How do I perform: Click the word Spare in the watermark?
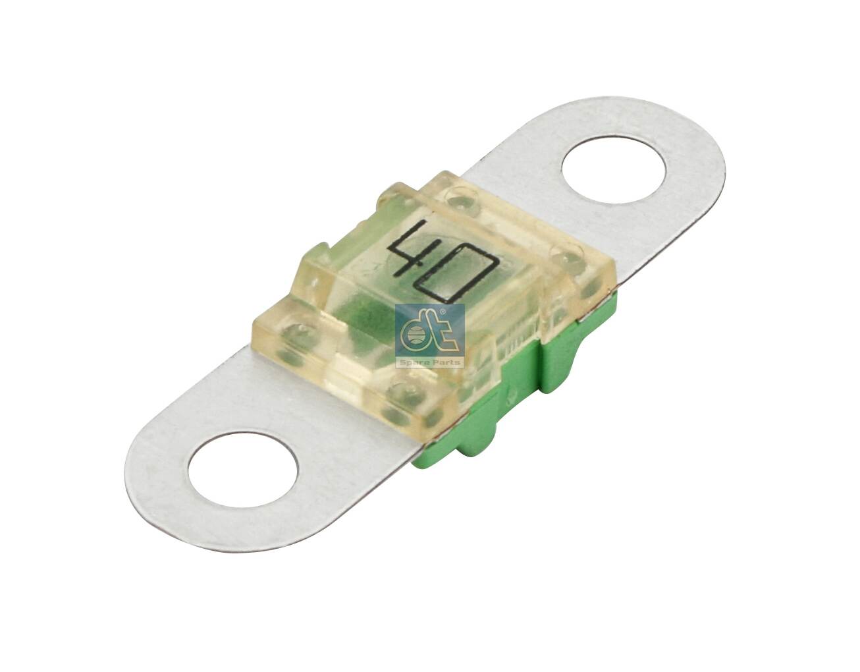[x=414, y=362]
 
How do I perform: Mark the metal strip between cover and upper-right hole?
[x=527, y=178]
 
